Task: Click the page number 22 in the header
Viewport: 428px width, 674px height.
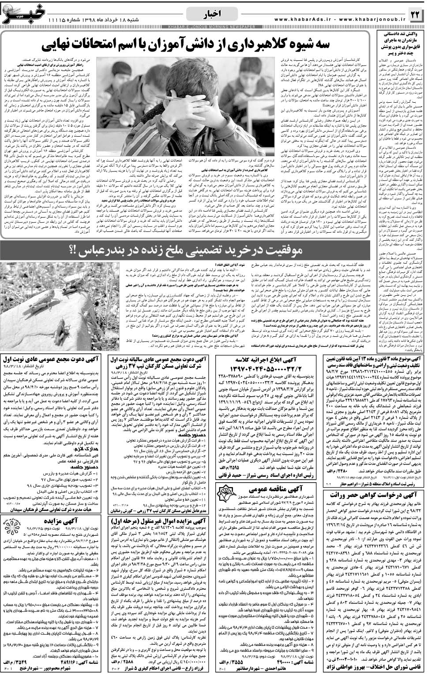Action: click(x=415, y=15)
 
